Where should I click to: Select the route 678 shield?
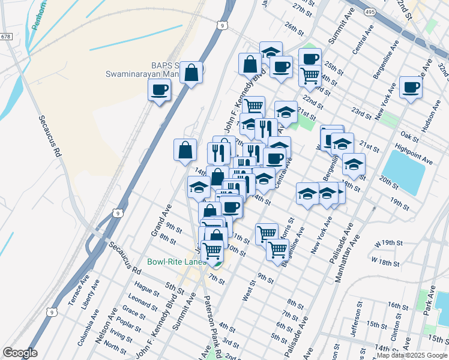[x=7, y=37]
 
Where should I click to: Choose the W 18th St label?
[x=385, y=262]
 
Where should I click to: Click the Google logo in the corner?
[x=20, y=353]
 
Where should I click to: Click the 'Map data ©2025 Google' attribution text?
[x=412, y=355]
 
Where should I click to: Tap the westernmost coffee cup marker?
[x=160, y=91]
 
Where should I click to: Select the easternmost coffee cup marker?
[x=411, y=86]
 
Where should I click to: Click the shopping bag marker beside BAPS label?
[x=191, y=73]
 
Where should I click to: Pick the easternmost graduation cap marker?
[x=354, y=164]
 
